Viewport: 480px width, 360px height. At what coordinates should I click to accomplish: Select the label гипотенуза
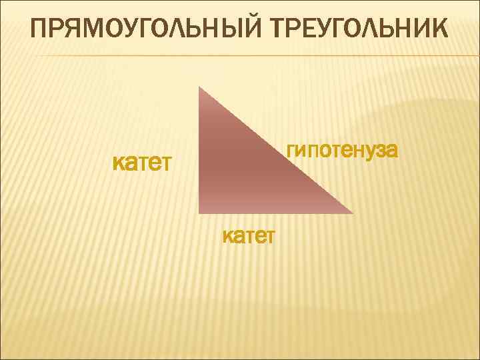pyautogui.click(x=342, y=150)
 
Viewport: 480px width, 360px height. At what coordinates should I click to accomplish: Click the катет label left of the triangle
pyautogui.click(x=142, y=162)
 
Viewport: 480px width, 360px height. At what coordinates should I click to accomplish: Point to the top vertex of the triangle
pyautogui.click(x=199, y=87)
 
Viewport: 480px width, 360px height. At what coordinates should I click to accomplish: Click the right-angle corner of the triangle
pyautogui.click(x=200, y=212)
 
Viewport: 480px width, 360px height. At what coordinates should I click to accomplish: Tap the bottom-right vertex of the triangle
pyautogui.click(x=352, y=213)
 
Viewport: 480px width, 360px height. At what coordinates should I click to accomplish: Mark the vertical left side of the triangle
pyautogui.click(x=199, y=150)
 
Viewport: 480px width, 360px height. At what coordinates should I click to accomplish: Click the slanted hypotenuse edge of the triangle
pyautogui.click(x=276, y=150)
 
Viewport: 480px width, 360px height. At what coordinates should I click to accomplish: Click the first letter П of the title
pyautogui.click(x=41, y=30)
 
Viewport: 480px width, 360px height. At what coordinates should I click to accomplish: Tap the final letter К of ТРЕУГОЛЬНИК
pyautogui.click(x=439, y=30)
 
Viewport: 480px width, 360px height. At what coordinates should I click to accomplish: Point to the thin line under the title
pyautogui.click(x=240, y=55)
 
